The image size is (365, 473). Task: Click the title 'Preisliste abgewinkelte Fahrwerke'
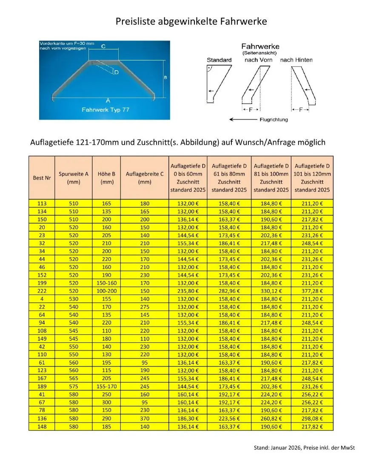tap(191, 21)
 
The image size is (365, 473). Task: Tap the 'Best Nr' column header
tap(42, 178)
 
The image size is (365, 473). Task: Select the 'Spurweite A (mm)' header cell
tap(74, 178)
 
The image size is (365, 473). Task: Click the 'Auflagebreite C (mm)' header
tap(145, 178)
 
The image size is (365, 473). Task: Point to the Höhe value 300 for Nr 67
tap(106, 402)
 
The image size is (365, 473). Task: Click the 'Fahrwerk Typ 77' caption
tap(105, 109)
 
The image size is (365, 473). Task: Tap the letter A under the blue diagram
tap(108, 100)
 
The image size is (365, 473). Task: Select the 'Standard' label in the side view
tap(219, 60)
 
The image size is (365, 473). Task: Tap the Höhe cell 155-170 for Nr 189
tap(106, 387)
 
